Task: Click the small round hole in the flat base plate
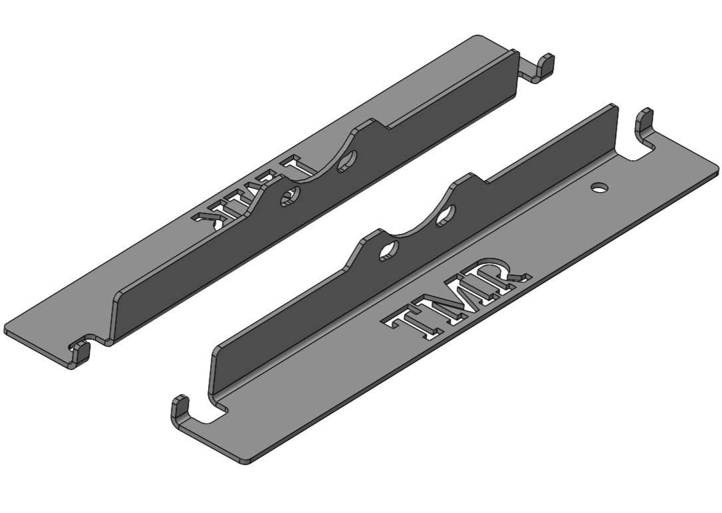(x=600, y=188)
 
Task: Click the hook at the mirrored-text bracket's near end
(x=80, y=352)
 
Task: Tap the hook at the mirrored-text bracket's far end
(x=546, y=64)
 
